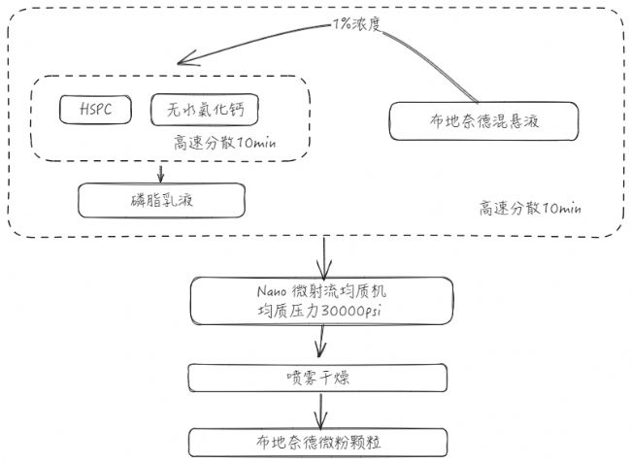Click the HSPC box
[95, 110]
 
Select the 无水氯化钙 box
[205, 110]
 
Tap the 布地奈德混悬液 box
[483, 121]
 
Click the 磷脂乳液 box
[161, 200]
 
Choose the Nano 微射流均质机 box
[321, 301]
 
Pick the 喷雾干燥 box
[317, 378]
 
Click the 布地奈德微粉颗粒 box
[317, 443]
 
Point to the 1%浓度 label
[356, 25]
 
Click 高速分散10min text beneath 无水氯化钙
[225, 143]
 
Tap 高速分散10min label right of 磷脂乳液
[530, 208]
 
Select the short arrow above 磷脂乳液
[161, 174]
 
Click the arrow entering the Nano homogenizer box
[324, 256]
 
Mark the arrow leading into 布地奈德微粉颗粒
[320, 412]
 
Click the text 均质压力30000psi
[319, 311]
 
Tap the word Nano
[272, 291]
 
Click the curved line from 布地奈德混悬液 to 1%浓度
[436, 59]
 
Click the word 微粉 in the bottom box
[333, 443]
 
